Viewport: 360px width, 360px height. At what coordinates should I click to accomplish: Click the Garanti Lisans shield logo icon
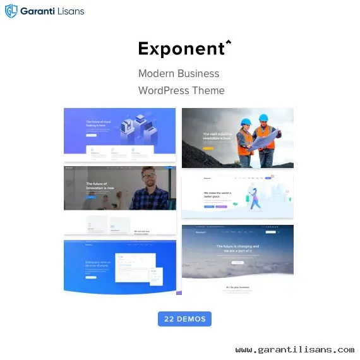(11, 11)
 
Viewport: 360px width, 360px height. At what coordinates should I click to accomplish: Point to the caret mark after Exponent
(228, 43)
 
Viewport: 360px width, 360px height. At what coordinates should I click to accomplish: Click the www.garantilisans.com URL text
(294, 349)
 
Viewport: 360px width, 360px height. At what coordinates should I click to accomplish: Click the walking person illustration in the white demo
(254, 200)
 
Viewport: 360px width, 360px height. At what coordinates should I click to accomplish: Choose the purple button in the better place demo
(221, 205)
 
